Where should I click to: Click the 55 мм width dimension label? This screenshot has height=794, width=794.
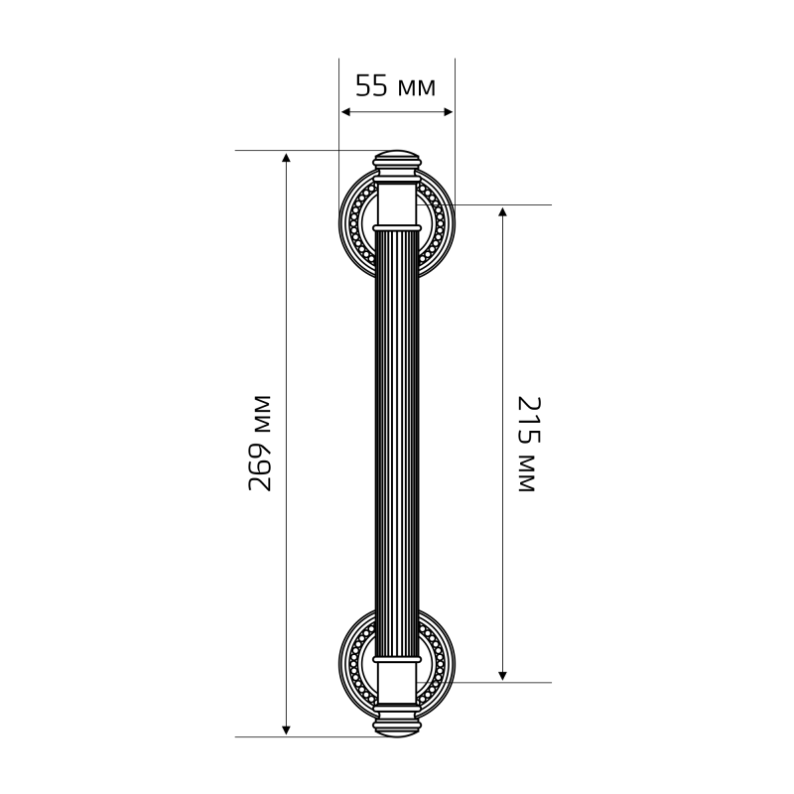pos(395,85)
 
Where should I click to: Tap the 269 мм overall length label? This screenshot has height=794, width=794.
pos(260,443)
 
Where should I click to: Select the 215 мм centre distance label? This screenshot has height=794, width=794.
pos(529,444)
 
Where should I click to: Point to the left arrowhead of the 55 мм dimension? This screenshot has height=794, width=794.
pos(345,112)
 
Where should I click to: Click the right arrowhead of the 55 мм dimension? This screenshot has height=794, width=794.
pos(449,112)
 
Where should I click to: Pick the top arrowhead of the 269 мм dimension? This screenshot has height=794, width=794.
pos(286,157)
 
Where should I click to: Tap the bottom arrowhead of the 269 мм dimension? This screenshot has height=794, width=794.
pos(286,730)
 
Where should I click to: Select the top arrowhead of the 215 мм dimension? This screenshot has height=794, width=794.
pos(502,211)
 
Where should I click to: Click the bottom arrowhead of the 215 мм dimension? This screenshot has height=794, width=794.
pos(502,676)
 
